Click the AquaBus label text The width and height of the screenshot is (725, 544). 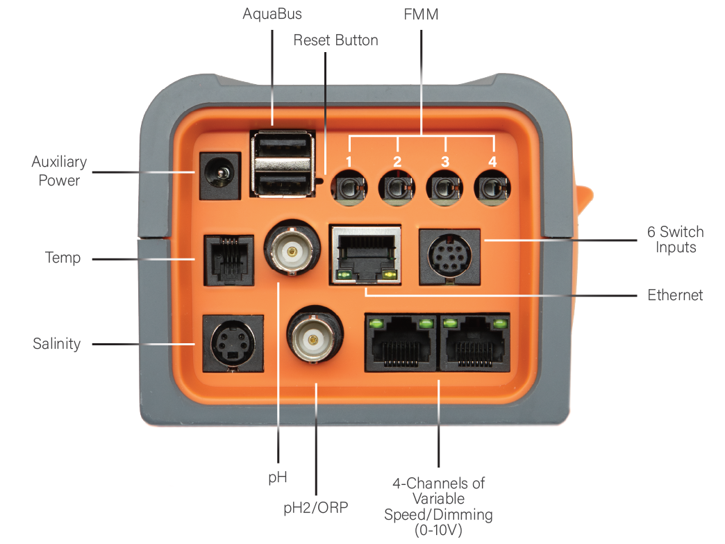coord(272,15)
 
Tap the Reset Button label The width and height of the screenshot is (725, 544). coord(335,40)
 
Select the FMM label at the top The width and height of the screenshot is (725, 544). coord(421,15)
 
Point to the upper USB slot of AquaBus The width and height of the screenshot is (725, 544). coord(282,146)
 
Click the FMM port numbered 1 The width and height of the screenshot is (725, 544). coord(349,188)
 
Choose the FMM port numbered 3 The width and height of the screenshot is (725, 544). coord(444,188)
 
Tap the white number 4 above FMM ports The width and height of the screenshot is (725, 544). coord(492,161)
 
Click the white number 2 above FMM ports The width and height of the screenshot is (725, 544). coord(397,161)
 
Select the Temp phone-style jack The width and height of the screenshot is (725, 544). coord(229,261)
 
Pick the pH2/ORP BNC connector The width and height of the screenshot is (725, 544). coord(315,334)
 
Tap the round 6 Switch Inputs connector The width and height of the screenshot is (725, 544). coord(449,256)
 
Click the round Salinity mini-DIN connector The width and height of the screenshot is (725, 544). coord(233,344)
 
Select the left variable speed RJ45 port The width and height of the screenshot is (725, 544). coord(401,343)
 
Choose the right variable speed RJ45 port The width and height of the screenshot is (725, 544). coord(474,343)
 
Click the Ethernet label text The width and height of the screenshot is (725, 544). coord(675,295)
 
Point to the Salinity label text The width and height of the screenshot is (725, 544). coord(57,344)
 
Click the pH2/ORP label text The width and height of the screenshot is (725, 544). coord(316,507)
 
